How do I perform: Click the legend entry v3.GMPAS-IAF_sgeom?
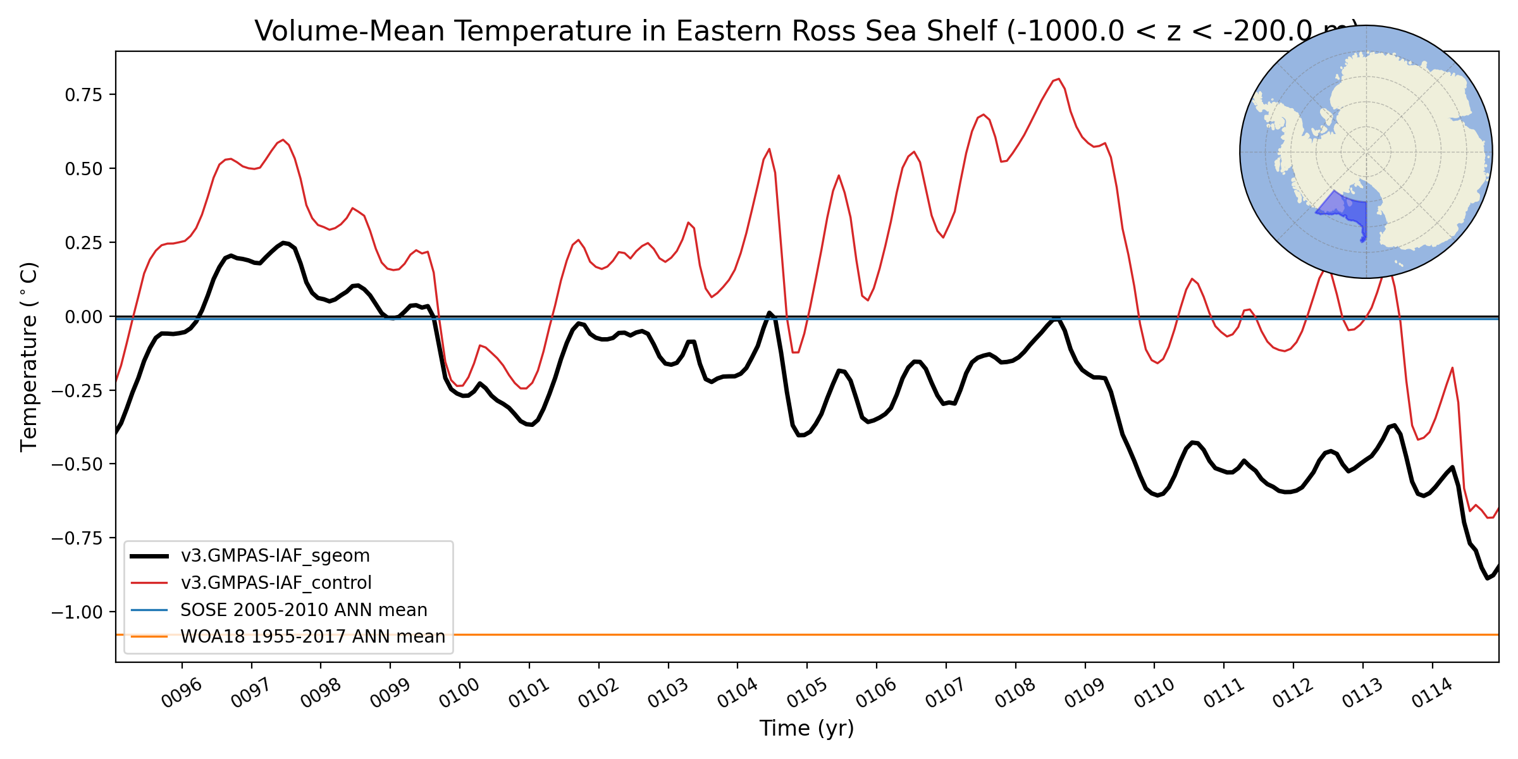pos(275,556)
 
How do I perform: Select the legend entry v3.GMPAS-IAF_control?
pos(276,583)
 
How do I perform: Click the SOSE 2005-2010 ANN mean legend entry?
pos(304,610)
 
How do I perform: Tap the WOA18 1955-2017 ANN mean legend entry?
pos(312,636)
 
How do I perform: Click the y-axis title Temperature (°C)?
pos(29,357)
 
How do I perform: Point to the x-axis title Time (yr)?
pos(806,729)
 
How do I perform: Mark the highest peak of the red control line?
pos(1058,79)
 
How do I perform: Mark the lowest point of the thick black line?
pos(1488,578)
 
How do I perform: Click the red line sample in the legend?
pos(149,583)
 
